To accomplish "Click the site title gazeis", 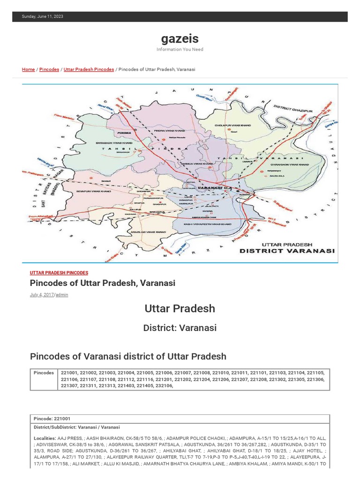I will pos(180,38).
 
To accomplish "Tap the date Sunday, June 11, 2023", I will pos(43,16).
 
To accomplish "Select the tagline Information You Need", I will pos(180,49).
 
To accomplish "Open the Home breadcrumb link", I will pos(28,69).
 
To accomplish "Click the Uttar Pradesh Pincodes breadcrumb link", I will pos(89,69).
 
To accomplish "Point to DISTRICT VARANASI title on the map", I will pos(287,251).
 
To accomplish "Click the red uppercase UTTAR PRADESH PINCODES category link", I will pos(59,273).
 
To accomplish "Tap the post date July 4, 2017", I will pos(42,295).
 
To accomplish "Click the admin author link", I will pos(62,295).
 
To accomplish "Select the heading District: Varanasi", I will pos(180,328).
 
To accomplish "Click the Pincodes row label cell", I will pos(44,373).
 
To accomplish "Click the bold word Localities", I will pos(45,438).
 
